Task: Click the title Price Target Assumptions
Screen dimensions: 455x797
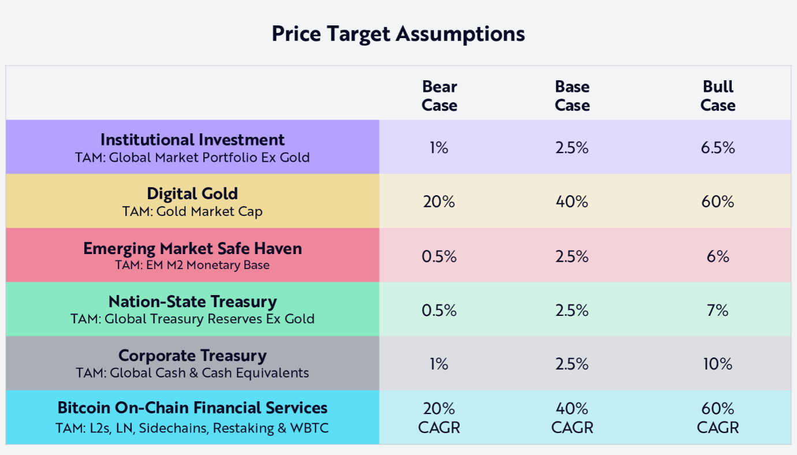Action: pos(398,33)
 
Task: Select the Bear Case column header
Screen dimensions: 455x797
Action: pos(439,96)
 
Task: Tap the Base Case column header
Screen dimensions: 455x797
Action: pos(572,96)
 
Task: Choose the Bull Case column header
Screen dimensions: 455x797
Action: pos(717,96)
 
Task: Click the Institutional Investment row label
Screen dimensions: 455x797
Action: pos(192,140)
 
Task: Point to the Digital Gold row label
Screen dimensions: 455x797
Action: pos(192,193)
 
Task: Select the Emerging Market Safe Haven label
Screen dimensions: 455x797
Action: pos(192,248)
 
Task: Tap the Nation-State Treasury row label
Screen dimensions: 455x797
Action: pos(192,301)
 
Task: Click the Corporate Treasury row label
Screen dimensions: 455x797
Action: pos(192,355)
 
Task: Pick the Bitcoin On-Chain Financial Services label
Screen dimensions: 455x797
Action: pos(192,408)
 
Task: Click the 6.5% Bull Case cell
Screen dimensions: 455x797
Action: pos(717,148)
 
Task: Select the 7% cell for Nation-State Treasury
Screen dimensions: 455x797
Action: pos(717,311)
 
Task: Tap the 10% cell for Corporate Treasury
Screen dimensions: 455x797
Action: pos(717,364)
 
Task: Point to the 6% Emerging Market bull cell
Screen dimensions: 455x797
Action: pos(717,256)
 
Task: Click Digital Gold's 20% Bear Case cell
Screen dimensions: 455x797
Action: pos(439,202)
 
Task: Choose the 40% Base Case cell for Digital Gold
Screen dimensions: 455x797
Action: pos(572,202)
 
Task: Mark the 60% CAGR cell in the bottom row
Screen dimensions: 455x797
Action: pos(717,418)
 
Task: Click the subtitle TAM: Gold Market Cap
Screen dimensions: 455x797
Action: pos(192,211)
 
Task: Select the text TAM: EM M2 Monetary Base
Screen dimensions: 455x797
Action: pos(192,265)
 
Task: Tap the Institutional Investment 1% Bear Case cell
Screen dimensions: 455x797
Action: pos(439,148)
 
